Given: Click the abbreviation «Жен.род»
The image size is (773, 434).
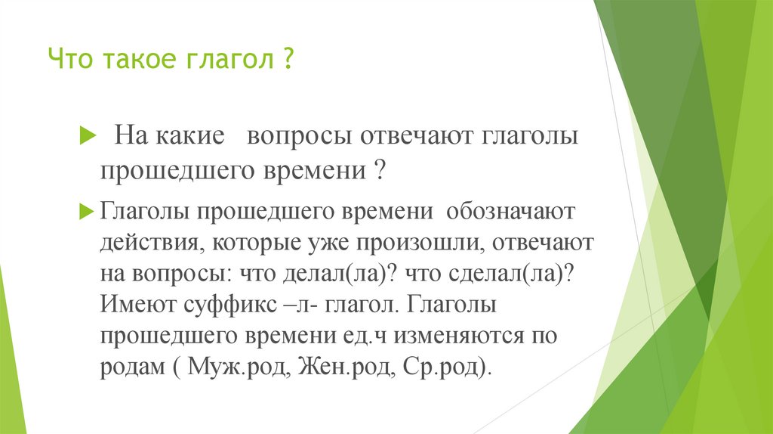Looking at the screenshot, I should pyautogui.click(x=334, y=367).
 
